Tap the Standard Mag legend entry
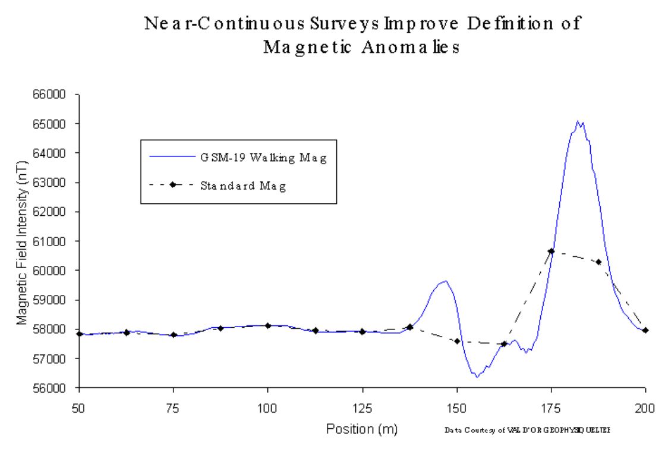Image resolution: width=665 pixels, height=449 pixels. click(x=243, y=186)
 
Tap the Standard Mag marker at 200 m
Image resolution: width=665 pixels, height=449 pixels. click(x=645, y=330)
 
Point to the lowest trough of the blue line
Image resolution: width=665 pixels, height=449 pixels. click(x=476, y=376)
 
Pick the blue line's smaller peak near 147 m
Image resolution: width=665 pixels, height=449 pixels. click(x=444, y=281)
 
